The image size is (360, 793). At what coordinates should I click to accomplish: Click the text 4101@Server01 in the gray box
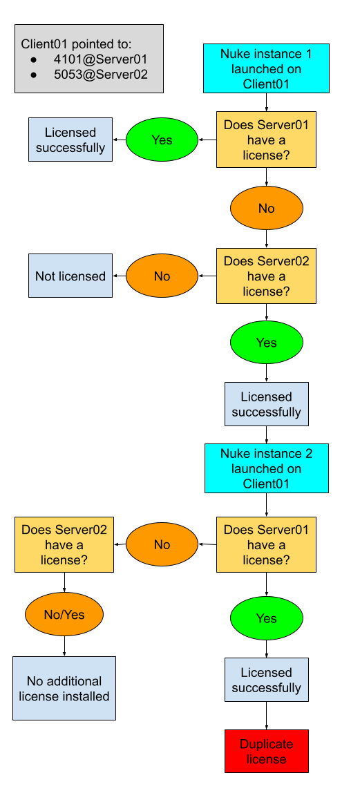100,59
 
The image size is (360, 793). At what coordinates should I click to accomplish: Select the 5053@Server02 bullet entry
100,75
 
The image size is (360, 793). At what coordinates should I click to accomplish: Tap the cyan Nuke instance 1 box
266,68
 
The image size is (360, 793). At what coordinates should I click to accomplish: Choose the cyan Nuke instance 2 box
266,468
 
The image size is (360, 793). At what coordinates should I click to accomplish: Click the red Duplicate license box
266,752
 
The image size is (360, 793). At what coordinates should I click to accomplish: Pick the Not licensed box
70,276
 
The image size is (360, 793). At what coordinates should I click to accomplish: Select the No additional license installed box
64,689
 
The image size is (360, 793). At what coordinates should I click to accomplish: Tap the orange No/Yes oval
64,613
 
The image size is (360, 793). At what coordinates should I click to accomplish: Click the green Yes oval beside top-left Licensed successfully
162,140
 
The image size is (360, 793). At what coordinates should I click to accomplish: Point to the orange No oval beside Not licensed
162,276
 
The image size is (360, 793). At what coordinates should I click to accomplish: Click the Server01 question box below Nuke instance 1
266,140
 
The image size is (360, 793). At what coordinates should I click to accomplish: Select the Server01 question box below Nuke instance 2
266,544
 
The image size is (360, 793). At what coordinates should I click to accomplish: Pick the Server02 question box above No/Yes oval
64,544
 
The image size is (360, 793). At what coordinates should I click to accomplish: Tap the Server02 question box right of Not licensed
266,276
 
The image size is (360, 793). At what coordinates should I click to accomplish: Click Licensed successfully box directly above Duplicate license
266,680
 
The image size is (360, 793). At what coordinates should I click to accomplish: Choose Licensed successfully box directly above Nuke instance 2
266,404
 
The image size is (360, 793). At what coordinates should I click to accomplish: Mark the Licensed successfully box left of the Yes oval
70,140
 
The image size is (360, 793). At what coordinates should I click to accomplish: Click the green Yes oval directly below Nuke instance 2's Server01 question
266,618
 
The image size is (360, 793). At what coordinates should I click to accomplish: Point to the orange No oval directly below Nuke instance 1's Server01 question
266,209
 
